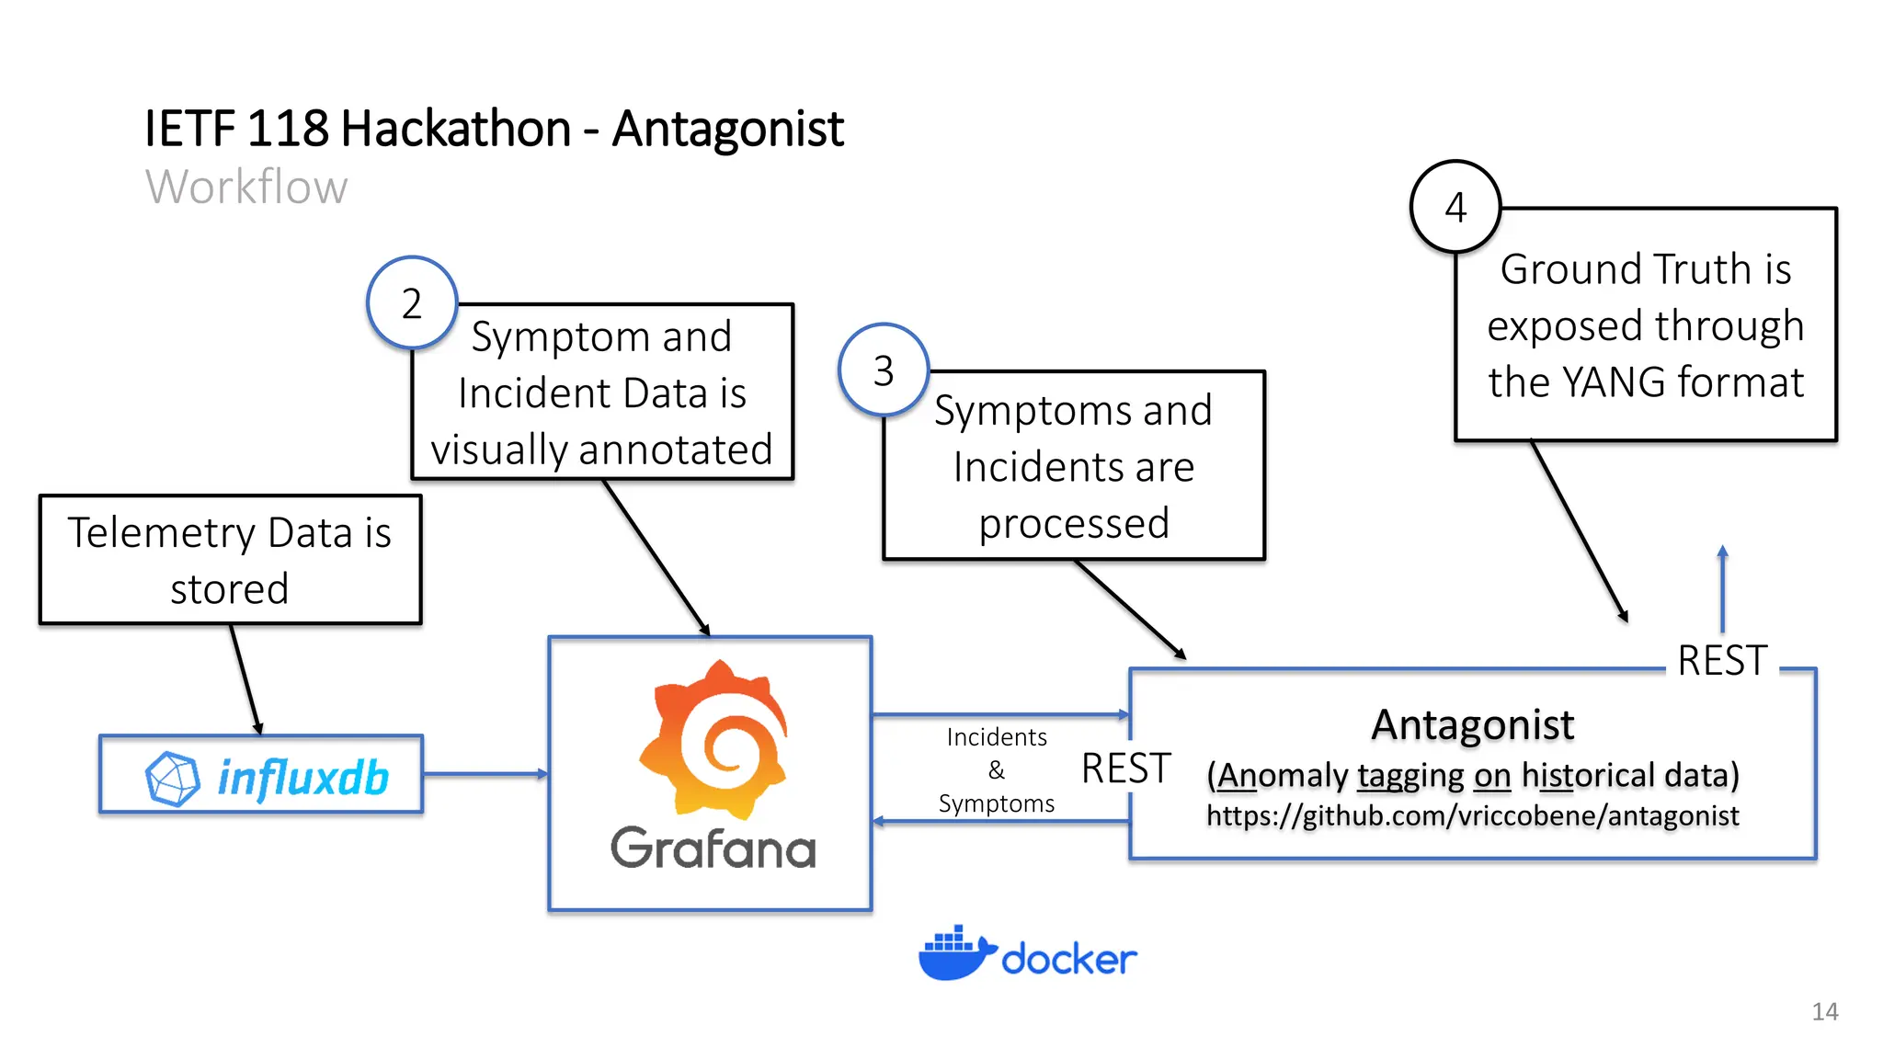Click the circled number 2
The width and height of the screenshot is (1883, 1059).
coord(412,303)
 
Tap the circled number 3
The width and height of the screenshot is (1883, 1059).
coord(884,370)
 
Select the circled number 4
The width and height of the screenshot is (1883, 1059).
coord(1455,207)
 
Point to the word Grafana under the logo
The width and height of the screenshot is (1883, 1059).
coord(713,848)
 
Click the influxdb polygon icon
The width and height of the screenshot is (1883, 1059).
coord(172,779)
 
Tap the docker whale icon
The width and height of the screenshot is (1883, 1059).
coord(956,954)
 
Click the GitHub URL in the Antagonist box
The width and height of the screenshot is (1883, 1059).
coord(1472,815)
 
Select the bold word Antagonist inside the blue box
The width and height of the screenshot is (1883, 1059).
coord(1472,724)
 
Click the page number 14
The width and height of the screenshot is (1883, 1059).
coord(1824,1011)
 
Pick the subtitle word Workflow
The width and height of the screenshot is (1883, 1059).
coord(246,187)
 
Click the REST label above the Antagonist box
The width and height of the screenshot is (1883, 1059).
coord(1722,660)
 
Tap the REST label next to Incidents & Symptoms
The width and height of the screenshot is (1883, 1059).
coord(1125,769)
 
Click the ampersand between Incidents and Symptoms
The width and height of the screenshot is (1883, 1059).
coord(996,770)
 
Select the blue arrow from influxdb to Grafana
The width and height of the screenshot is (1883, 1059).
coord(485,774)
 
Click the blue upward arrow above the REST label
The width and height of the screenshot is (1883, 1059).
coord(1722,588)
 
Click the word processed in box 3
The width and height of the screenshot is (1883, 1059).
coord(1073,523)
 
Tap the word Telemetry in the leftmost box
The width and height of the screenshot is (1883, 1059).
coord(162,533)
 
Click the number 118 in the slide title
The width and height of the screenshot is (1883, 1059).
coord(288,128)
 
